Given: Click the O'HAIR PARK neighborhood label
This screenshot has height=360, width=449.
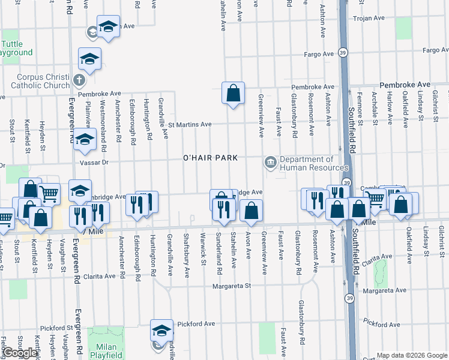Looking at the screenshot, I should (x=211, y=158).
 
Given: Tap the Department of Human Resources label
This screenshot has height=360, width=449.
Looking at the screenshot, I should (x=306, y=164).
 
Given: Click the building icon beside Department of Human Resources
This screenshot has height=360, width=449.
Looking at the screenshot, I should (x=270, y=163).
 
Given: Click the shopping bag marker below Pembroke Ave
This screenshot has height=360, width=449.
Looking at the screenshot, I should (x=233, y=93).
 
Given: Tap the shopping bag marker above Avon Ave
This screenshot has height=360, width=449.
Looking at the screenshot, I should (x=251, y=211).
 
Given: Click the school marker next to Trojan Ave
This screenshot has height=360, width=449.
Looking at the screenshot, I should (x=108, y=27).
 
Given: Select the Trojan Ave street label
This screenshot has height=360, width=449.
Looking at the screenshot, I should (x=369, y=19).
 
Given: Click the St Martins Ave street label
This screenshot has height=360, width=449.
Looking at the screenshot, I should (x=190, y=125).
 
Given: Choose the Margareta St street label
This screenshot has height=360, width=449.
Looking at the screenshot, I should (x=231, y=286).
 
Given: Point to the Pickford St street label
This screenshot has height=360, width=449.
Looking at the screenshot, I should (x=56, y=329).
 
